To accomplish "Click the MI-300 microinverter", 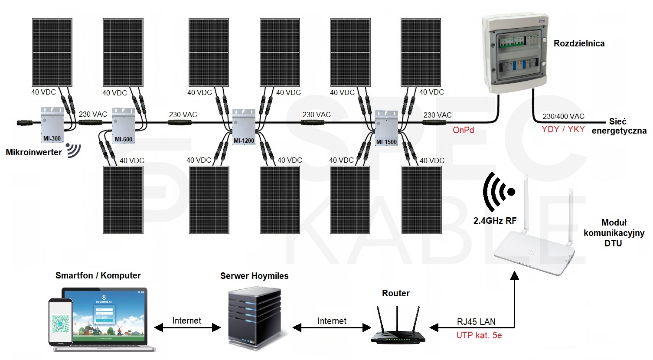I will coord(52,124).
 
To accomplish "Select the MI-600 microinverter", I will coord(124,125).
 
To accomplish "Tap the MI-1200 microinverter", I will coord(244,126).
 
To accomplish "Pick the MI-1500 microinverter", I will coord(386,128).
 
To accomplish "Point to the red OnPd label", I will coord(463,130).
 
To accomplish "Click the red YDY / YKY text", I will coord(563,129).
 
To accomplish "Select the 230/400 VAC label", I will coord(563,116).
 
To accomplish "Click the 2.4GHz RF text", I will coord(495,221).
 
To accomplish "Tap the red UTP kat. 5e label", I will coord(479,335).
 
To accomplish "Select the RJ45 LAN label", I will coord(476,322).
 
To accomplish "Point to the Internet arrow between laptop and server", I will coord(187,328).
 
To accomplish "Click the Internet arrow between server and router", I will coord(332,328).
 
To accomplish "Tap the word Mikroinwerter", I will coord(34,152).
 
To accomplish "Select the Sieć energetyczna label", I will coord(619,126).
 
